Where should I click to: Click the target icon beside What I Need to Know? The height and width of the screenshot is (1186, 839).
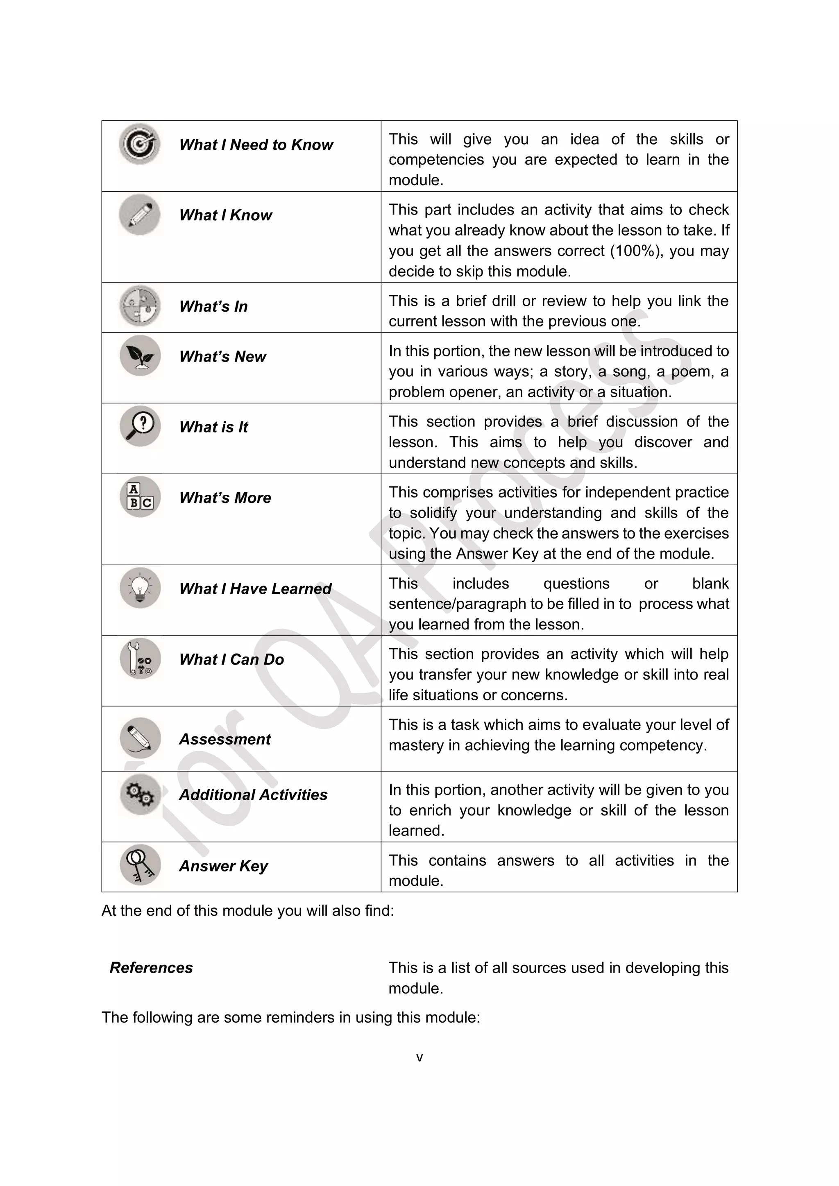139,144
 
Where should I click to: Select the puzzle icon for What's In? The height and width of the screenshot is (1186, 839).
139,306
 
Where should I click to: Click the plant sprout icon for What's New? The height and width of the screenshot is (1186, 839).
139,356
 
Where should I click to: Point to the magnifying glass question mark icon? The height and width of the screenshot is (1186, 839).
139,426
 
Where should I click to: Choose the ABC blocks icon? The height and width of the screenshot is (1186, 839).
139,497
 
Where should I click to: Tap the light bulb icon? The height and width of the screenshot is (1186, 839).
139,588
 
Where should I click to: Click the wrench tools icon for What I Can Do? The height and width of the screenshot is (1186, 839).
139,659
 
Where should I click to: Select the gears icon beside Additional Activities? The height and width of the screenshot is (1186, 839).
139,794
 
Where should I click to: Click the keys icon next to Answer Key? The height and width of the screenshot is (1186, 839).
139,865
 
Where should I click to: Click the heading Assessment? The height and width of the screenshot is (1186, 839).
225,739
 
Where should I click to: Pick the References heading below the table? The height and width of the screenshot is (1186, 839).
151,967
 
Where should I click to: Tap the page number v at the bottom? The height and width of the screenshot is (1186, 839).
419,1057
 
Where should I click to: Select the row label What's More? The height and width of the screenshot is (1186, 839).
225,498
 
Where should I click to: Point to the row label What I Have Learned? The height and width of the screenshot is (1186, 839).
255,589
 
